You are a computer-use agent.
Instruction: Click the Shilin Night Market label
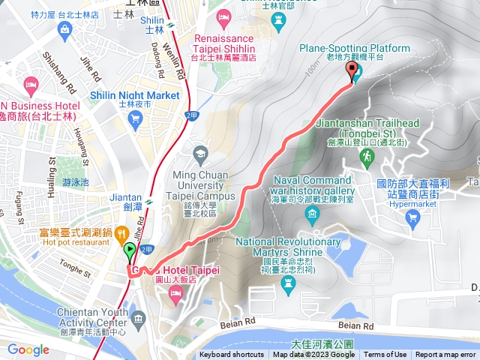point(134,95)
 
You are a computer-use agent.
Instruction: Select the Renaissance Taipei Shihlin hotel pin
point(223,16)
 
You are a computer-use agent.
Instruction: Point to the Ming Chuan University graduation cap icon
point(200,154)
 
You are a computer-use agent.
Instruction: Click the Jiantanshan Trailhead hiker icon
point(367,157)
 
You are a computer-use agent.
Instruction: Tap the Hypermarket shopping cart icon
point(412,217)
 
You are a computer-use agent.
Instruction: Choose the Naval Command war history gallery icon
point(313,217)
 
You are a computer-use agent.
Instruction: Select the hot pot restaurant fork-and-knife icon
point(121,234)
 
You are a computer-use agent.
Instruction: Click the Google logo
point(28,349)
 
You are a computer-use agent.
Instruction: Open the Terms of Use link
point(385,355)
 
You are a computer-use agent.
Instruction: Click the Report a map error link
point(445,355)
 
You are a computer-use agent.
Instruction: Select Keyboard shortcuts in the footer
point(232,355)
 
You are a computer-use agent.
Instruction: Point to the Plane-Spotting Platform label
point(343,49)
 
